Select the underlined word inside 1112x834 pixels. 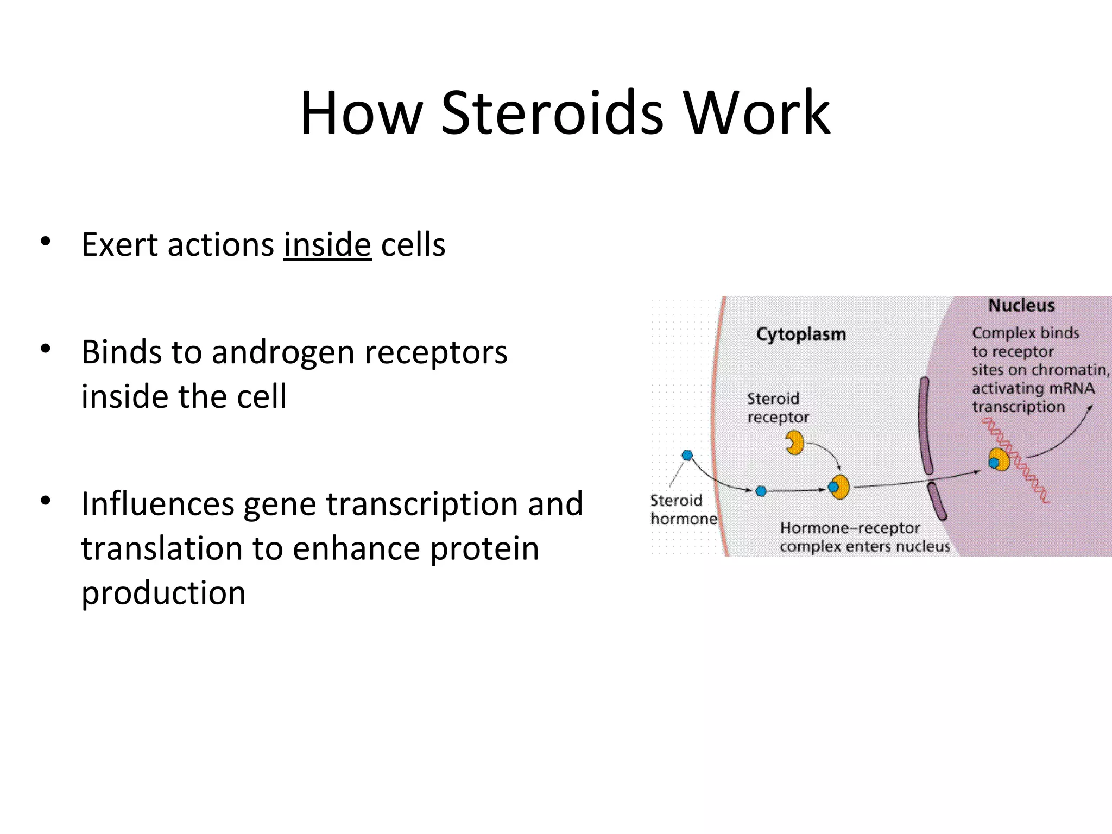coord(327,244)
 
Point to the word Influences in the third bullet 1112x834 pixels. coord(157,504)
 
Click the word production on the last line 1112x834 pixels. coord(163,592)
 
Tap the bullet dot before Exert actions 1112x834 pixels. coord(46,241)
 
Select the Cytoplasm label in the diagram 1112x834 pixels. coord(801,334)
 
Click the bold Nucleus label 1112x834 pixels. coord(1021,306)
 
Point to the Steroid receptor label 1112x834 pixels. coord(777,408)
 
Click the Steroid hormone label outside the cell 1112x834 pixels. coord(683,509)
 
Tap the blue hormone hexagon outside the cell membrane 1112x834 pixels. coord(687,455)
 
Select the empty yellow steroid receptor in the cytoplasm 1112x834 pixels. coord(795,443)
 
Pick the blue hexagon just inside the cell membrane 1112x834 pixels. coord(761,491)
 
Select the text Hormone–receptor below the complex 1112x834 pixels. coord(850,528)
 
